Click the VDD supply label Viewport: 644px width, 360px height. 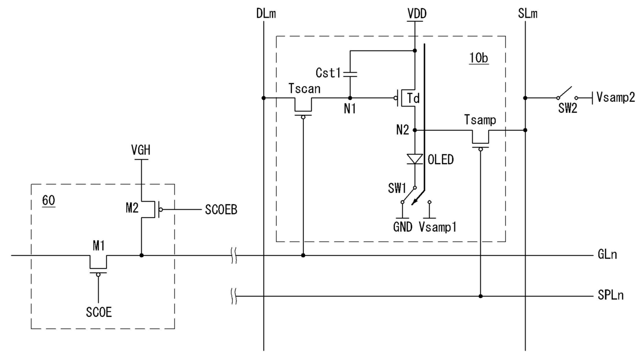click(x=417, y=14)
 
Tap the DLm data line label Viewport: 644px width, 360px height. click(x=266, y=14)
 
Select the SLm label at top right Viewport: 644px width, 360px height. click(x=528, y=14)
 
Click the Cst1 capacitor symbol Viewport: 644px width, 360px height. click(x=350, y=74)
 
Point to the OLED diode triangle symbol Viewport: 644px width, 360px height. click(x=415, y=159)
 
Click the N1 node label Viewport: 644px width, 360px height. click(x=350, y=109)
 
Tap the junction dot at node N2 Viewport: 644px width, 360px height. click(x=415, y=130)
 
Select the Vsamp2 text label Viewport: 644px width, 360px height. click(x=615, y=98)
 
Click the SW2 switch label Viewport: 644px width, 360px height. click(x=568, y=109)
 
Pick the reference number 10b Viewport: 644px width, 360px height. click(x=479, y=58)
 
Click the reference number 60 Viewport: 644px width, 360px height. click(x=49, y=201)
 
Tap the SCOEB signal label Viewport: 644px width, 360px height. click(x=221, y=210)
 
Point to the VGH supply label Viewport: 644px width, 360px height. click(x=141, y=150)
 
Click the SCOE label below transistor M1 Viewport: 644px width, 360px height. click(x=99, y=312)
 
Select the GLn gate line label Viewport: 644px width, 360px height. click(x=607, y=255)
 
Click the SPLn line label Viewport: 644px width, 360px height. click(x=611, y=295)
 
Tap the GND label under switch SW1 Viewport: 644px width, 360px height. click(x=403, y=227)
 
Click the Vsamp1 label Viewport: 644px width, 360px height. click(x=438, y=227)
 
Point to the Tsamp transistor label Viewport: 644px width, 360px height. click(x=480, y=120)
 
